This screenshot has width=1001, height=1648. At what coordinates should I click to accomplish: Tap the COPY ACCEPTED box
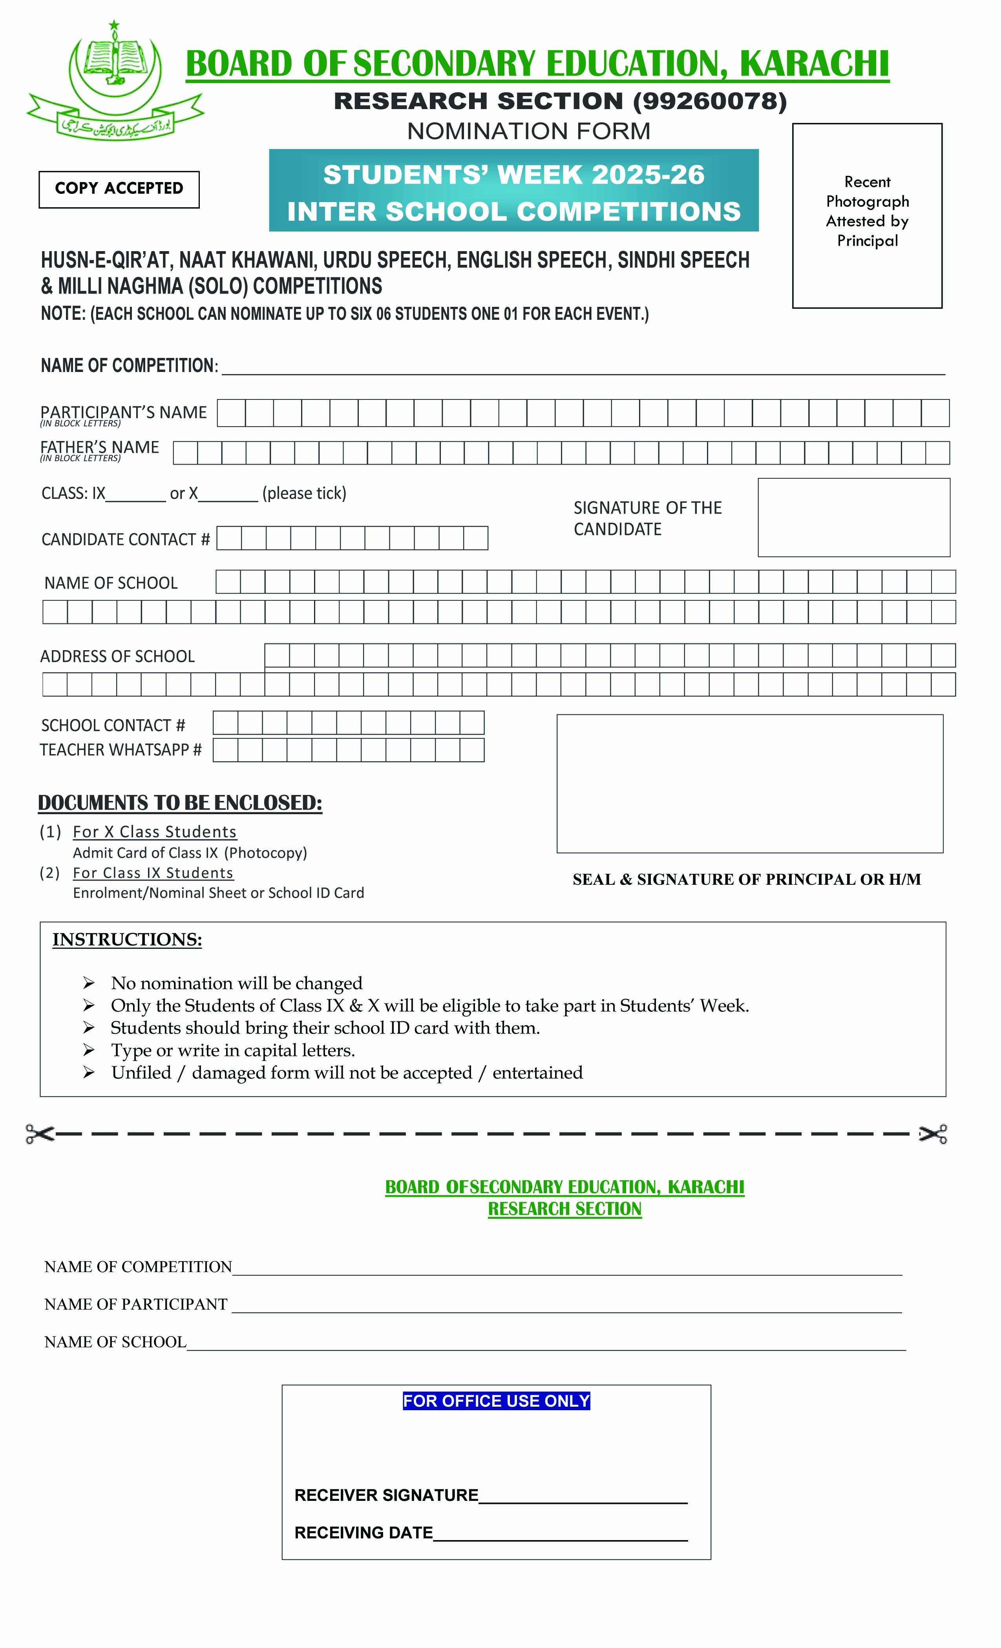point(119,189)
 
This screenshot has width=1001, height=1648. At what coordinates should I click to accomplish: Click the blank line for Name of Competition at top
point(582,368)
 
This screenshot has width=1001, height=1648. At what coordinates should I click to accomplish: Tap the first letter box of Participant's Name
point(231,413)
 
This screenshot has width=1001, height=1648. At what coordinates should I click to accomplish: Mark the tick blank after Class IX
point(136,495)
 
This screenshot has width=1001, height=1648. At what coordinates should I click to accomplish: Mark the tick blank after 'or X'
point(228,495)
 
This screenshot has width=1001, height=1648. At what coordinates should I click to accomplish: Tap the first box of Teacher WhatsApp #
point(225,750)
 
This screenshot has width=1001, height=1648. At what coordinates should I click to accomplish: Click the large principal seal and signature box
point(749,783)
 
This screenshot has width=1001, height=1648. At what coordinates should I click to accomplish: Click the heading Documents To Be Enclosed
point(180,802)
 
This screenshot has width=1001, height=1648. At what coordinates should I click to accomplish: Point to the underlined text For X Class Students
point(155,831)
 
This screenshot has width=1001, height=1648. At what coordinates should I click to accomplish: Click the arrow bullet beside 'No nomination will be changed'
point(88,983)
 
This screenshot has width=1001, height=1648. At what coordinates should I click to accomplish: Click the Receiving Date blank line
point(560,1534)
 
